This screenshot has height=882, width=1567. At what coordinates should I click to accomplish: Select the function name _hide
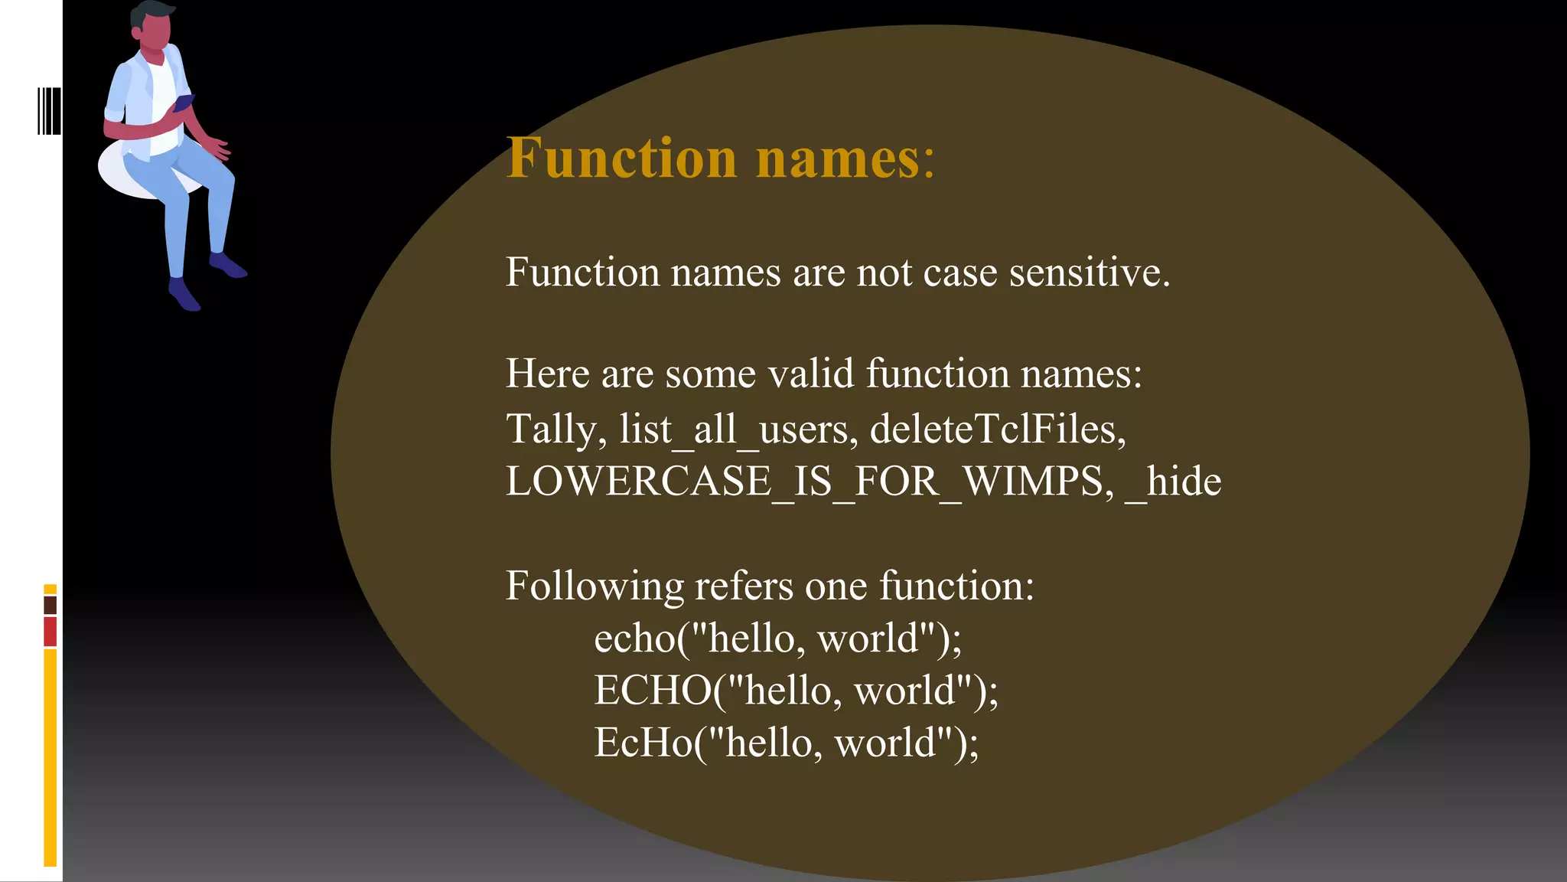[1174, 482]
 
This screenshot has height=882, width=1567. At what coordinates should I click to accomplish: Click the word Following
[595, 586]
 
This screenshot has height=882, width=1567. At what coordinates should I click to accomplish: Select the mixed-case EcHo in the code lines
[643, 743]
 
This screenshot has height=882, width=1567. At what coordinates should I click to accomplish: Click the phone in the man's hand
[184, 102]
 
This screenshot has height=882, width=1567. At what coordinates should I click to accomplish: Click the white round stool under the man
[122, 172]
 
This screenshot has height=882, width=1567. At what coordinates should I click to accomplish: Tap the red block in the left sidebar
[50, 632]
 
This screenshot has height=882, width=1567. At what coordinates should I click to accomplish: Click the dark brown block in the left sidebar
[50, 605]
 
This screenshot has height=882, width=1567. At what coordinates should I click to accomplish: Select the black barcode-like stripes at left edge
[49, 111]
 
